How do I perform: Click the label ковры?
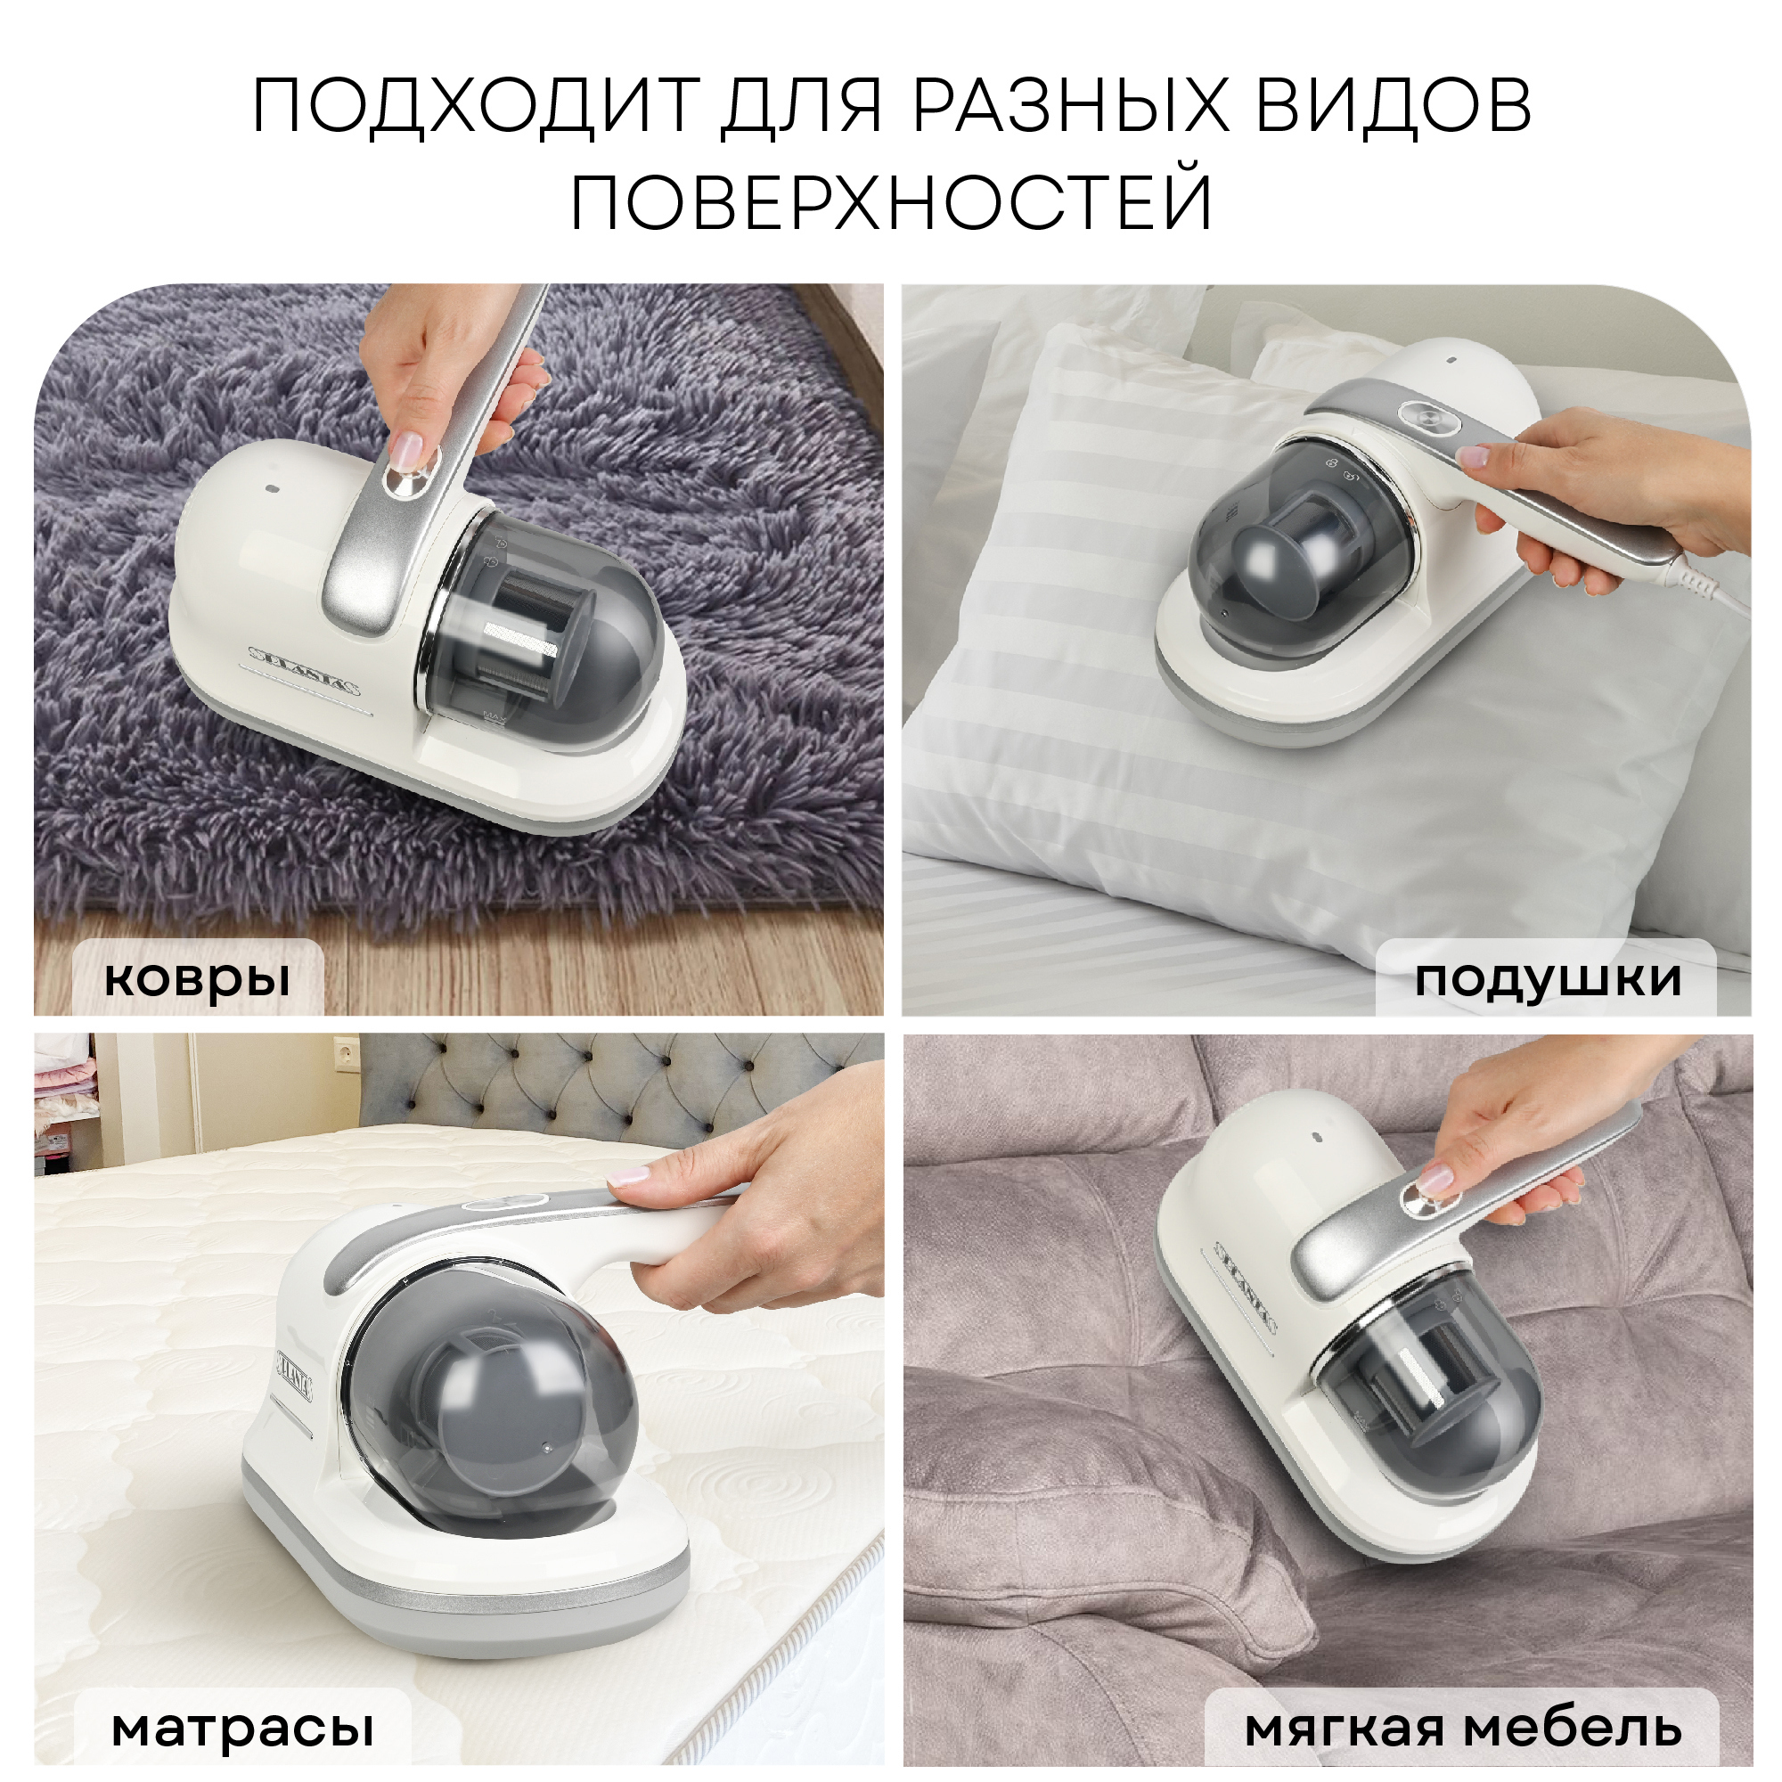point(196,977)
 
